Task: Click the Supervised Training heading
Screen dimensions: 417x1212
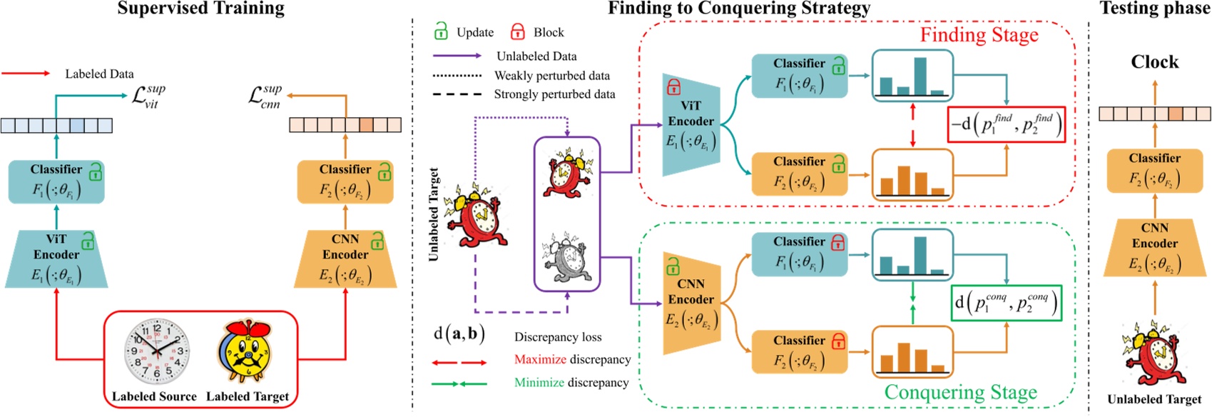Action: (200, 9)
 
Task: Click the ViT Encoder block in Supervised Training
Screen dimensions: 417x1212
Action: (56, 258)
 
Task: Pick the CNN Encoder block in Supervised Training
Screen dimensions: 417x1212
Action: (345, 258)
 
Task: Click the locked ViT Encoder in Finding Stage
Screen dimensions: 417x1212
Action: (691, 124)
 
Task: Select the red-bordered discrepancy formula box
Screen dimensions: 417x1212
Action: (1006, 124)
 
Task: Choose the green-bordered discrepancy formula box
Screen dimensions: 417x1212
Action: (1006, 303)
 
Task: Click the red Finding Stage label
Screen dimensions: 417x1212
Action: (979, 35)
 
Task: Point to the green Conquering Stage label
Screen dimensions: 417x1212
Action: (960, 392)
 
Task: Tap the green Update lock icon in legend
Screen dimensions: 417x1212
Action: (441, 31)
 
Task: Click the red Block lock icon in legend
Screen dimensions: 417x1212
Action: (518, 31)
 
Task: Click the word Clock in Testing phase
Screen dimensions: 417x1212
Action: (1154, 62)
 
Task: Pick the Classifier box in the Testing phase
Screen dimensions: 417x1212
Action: (1154, 170)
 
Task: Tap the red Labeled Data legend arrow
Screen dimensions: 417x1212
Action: (26, 74)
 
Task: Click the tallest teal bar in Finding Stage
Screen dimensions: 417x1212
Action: (920, 76)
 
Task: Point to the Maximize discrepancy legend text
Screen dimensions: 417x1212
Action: (572, 359)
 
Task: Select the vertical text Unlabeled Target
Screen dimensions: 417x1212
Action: (434, 214)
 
